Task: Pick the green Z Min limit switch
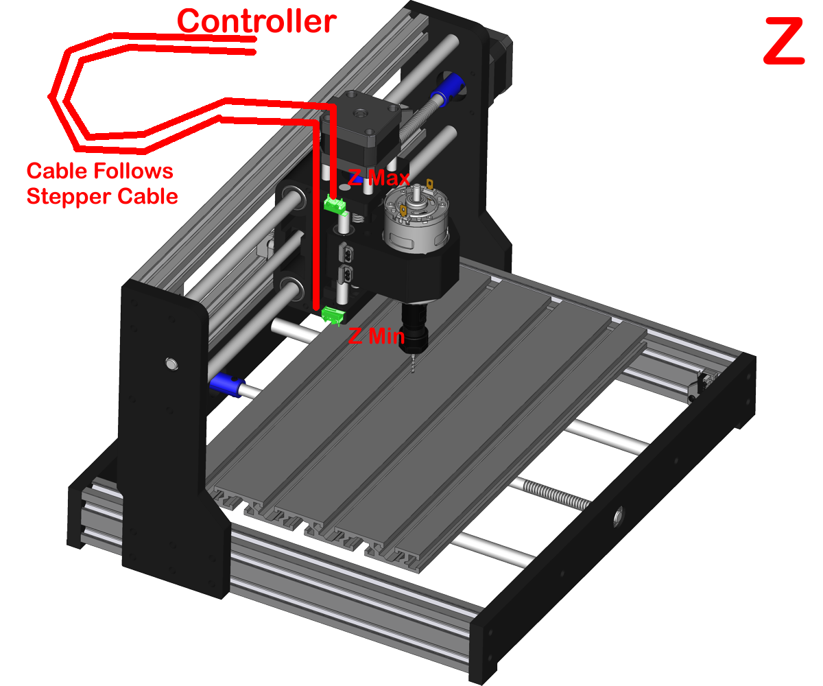[x=333, y=315]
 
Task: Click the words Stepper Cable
[x=102, y=197]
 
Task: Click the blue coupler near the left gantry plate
[x=224, y=384]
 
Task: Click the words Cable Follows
[x=99, y=170]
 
